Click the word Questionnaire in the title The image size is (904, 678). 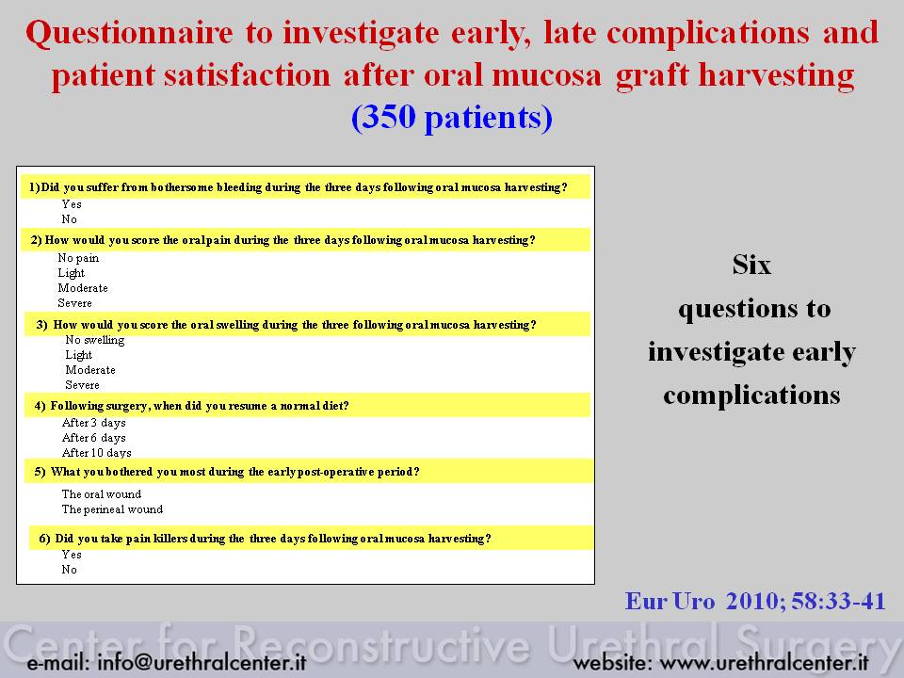coord(130,33)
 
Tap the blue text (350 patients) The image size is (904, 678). coord(452,118)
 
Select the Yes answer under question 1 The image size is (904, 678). coord(72,204)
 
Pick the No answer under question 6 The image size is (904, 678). coord(69,570)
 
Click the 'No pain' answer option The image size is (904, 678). coord(78,258)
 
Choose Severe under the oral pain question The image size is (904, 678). coord(75,303)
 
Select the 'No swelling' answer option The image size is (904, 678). coord(95,340)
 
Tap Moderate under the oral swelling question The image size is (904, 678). coord(90,370)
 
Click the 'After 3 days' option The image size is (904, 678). coord(94,423)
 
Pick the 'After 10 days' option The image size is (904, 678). coord(97,453)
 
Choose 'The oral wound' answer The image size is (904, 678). coord(102,494)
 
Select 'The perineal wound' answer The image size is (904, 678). coord(112,509)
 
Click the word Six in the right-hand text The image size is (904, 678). coord(751,266)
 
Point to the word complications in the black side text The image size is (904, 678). coord(751,395)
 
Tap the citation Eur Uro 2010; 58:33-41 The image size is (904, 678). coord(755,602)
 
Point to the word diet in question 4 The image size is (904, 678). coord(335,406)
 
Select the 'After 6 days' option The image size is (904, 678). coord(94,438)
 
